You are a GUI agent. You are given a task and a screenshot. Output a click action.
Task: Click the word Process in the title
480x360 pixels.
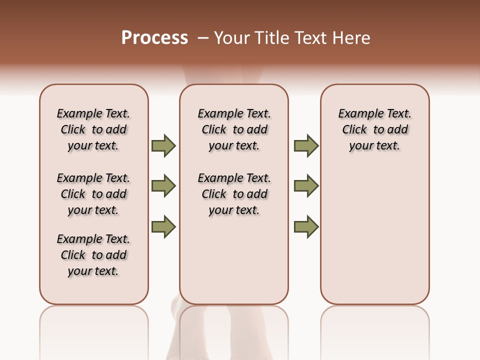154,38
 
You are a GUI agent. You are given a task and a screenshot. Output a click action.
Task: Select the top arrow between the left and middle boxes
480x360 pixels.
163,145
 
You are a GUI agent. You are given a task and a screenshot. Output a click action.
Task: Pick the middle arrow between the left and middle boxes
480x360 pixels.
163,186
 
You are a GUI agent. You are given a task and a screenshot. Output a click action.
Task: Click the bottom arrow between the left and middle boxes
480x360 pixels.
163,227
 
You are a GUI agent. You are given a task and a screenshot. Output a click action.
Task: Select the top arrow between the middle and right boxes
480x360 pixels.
306,145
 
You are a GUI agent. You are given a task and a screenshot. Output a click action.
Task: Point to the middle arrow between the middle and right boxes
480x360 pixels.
306,186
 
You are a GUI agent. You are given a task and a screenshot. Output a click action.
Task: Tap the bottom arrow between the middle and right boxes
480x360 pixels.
306,227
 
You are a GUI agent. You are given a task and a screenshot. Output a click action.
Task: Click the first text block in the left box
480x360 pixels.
93,129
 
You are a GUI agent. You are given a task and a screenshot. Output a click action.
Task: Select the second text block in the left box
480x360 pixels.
93,194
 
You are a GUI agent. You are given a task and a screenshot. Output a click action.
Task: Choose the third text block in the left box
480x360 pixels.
93,255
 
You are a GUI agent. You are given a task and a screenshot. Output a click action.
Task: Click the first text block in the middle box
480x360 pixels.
234,129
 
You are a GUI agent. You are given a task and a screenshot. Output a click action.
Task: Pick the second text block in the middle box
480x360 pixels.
234,194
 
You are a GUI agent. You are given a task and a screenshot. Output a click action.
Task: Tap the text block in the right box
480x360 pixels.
374,129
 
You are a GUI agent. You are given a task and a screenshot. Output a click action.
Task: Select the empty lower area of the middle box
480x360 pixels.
234,260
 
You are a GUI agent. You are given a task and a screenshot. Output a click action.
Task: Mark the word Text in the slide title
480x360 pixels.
311,38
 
